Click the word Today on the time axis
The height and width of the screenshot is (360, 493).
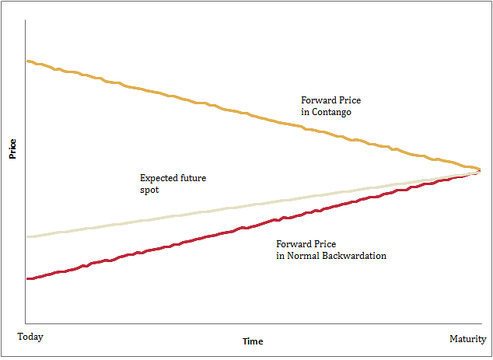click(30, 337)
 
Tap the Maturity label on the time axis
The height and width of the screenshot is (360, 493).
click(467, 339)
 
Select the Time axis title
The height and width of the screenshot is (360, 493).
click(253, 341)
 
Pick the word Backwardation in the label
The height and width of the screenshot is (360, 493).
click(352, 255)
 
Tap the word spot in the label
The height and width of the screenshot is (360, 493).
click(149, 190)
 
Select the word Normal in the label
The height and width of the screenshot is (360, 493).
click(303, 255)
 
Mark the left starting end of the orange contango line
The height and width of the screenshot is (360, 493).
click(27, 61)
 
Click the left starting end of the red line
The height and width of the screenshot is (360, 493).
click(27, 278)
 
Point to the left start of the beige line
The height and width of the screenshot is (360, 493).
click(27, 236)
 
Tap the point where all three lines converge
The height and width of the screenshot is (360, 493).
click(479, 170)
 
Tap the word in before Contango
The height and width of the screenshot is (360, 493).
click(305, 112)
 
